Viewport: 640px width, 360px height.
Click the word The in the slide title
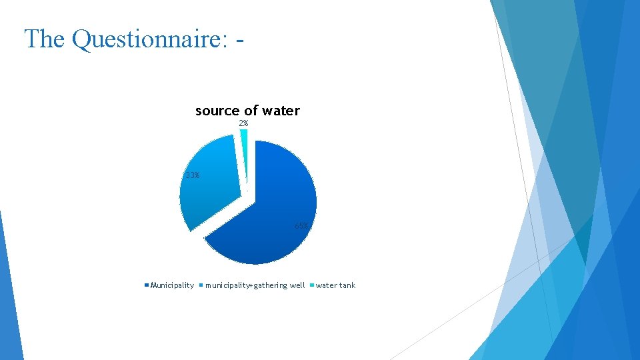click(x=45, y=39)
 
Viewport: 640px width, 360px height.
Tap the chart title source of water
click(x=247, y=111)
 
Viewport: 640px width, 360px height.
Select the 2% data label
click(x=243, y=123)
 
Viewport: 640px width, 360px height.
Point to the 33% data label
click(x=192, y=175)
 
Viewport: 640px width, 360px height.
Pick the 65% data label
click(x=302, y=225)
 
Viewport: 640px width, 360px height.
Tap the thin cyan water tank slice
click(x=244, y=153)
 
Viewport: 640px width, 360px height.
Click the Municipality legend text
click(x=172, y=285)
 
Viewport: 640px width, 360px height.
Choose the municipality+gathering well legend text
click(x=255, y=285)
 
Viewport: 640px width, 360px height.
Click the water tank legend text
click(x=335, y=285)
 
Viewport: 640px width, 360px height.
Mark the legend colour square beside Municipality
click(x=147, y=285)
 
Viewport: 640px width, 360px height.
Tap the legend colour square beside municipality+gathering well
click(x=201, y=285)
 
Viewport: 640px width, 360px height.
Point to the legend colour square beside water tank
click(x=312, y=285)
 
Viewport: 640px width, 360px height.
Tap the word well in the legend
click(x=297, y=285)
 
